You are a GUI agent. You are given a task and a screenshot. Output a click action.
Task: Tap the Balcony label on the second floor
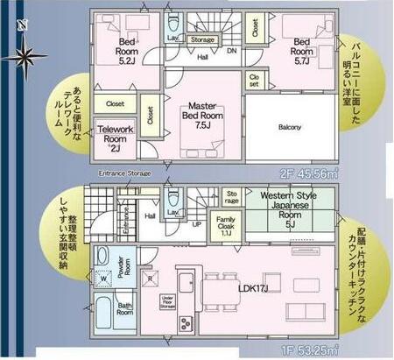pos(289,127)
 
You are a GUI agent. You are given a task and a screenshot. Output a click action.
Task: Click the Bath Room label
pos(124,310)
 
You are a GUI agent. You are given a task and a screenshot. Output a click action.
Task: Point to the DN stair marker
pos(232,51)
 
